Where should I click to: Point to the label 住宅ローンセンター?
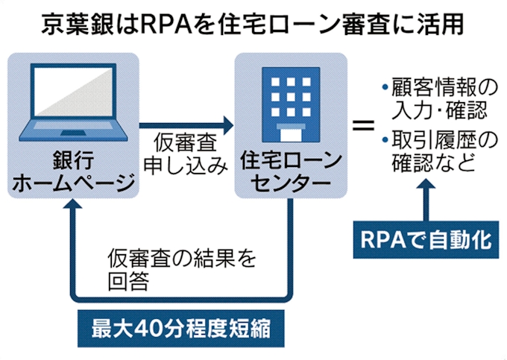coord(290,172)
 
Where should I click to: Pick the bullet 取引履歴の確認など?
coord(432,150)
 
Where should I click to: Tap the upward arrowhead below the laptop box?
coord(72,211)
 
